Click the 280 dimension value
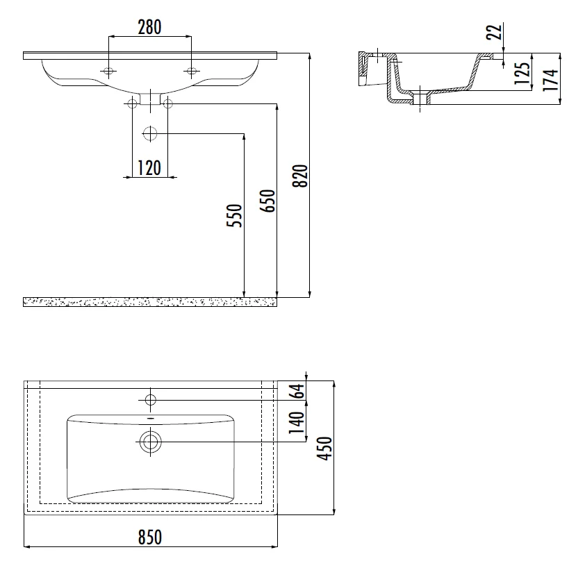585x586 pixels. coord(149,27)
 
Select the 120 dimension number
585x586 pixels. coord(149,168)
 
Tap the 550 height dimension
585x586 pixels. coord(235,215)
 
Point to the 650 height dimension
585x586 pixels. coord(267,201)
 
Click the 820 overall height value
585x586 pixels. coord(300,176)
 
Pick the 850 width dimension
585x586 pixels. coord(150,537)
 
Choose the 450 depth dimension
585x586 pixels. coord(324,449)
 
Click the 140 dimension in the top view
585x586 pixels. coord(296,422)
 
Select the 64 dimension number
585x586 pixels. coord(298,392)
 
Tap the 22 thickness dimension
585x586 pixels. coord(494,32)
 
